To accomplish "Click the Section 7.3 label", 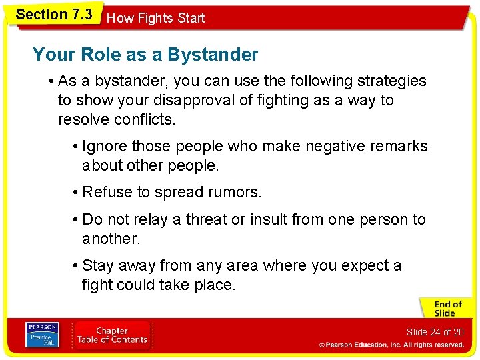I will tap(53, 15).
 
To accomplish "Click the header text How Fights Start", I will tap(156, 18).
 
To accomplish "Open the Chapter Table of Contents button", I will tap(112, 335).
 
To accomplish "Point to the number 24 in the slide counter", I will tap(435, 332).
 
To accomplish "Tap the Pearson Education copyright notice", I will tap(391, 345).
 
